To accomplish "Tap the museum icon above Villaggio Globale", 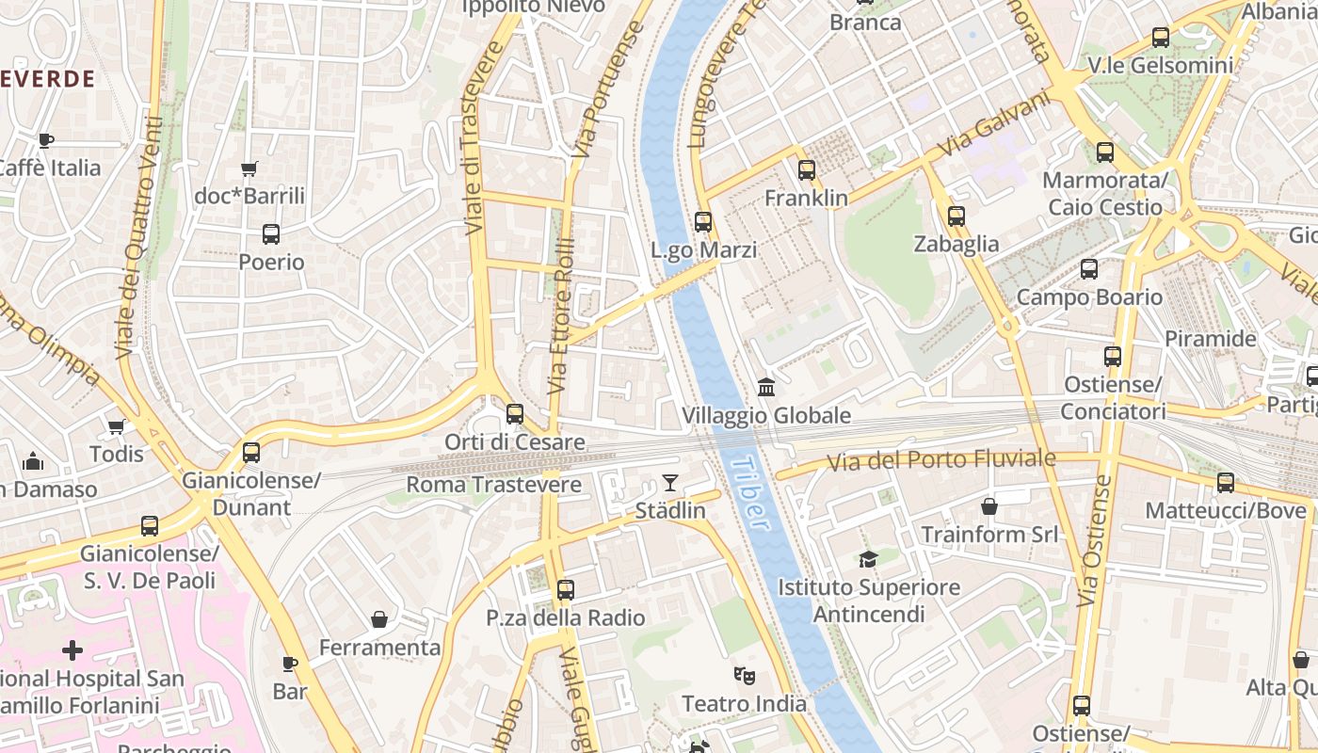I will pos(766,387).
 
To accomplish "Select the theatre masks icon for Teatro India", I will pos(745,675).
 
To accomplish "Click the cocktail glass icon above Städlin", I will pos(670,483).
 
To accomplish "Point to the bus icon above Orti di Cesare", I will pos(515,413).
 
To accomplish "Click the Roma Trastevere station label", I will pos(493,485).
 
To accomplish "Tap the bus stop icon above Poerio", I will pos(271,233).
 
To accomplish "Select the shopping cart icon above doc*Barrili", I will pos(249,169).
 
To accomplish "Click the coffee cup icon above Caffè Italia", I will pos(45,140).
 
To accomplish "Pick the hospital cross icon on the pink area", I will pos(72,650).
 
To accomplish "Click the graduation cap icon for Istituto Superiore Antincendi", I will pos(868,559).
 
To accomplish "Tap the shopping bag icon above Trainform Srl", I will pos(989,506).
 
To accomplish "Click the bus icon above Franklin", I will pos(807,170).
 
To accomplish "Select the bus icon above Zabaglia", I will pos(956,216).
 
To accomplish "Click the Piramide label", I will pos(1211,339).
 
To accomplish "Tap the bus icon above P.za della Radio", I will pos(565,590).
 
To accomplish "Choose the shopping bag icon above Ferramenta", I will pos(379,619).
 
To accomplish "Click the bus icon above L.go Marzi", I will pos(703,222).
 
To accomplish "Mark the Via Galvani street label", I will pos(994,124).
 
